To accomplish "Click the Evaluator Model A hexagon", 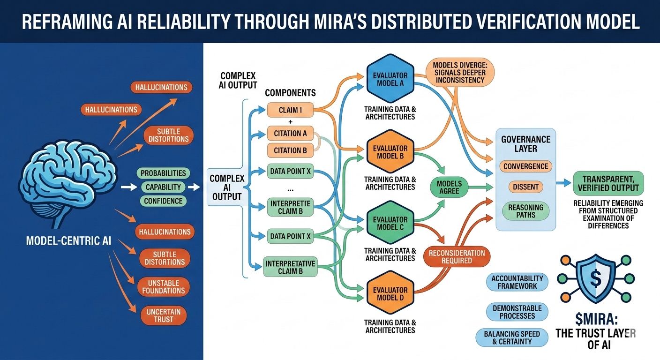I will pyautogui.click(x=390, y=79).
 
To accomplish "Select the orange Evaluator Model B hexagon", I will pyautogui.click(x=390, y=152).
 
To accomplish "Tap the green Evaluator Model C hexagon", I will pyautogui.click(x=390, y=223).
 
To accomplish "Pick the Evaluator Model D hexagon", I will pyautogui.click(x=390, y=294).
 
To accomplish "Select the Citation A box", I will pyautogui.click(x=290, y=133).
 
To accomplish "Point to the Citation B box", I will pyautogui.click(x=290, y=150).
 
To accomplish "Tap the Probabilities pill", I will pyautogui.click(x=163, y=173).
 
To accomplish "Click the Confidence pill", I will pyautogui.click(x=163, y=201).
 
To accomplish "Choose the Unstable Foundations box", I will pyautogui.click(x=164, y=286).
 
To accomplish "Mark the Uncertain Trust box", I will pyautogui.click(x=164, y=315).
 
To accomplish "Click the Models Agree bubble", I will pyautogui.click(x=449, y=188).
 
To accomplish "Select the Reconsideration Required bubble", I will pyautogui.click(x=456, y=256).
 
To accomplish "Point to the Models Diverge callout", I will pyautogui.click(x=459, y=75).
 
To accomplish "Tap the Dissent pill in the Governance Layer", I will pyautogui.click(x=525, y=187).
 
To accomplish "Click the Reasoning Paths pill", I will pyautogui.click(x=525, y=211).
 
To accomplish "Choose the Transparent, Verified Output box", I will pyautogui.click(x=608, y=183).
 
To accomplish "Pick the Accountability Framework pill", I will pyautogui.click(x=517, y=282).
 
